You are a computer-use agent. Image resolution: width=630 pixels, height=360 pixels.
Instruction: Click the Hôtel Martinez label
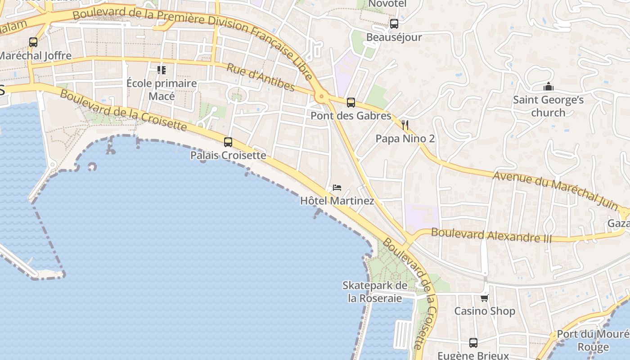coord(337,201)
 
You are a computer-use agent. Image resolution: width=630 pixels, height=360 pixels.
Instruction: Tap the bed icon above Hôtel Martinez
coord(337,187)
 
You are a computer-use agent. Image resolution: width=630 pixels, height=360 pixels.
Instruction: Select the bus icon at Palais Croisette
coord(228,142)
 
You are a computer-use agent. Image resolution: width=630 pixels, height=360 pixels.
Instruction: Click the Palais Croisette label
coord(228,156)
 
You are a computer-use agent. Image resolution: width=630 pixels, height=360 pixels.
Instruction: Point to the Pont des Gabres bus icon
coord(351,103)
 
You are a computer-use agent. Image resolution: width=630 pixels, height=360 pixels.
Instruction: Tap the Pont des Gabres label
coord(351,116)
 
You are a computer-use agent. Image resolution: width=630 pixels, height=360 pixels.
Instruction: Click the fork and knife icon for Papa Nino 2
coord(405,125)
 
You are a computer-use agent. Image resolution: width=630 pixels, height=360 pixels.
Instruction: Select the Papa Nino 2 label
coord(405,139)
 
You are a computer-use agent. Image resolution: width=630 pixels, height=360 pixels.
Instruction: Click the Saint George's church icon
coord(548,86)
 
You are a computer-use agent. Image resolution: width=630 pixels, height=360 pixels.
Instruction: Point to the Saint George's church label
coord(548,106)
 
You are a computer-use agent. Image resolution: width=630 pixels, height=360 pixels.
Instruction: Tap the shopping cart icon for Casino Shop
coord(485,297)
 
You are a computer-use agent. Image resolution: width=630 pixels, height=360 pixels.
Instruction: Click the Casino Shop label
coord(485,311)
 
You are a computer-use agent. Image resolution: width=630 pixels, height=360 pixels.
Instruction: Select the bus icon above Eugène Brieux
coord(473,343)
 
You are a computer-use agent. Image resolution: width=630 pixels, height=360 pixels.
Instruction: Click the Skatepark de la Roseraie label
coord(375,292)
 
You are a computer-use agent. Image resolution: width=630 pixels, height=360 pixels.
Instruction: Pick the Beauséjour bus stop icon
coord(394,24)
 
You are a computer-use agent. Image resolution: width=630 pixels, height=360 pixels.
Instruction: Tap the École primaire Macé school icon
coord(162,70)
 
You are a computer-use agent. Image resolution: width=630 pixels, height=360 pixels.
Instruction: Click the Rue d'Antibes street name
coord(261,77)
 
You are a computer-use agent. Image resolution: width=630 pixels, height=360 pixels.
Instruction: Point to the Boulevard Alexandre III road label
coord(491,235)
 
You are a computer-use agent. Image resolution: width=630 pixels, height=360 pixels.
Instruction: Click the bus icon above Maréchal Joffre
coord(33,42)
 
